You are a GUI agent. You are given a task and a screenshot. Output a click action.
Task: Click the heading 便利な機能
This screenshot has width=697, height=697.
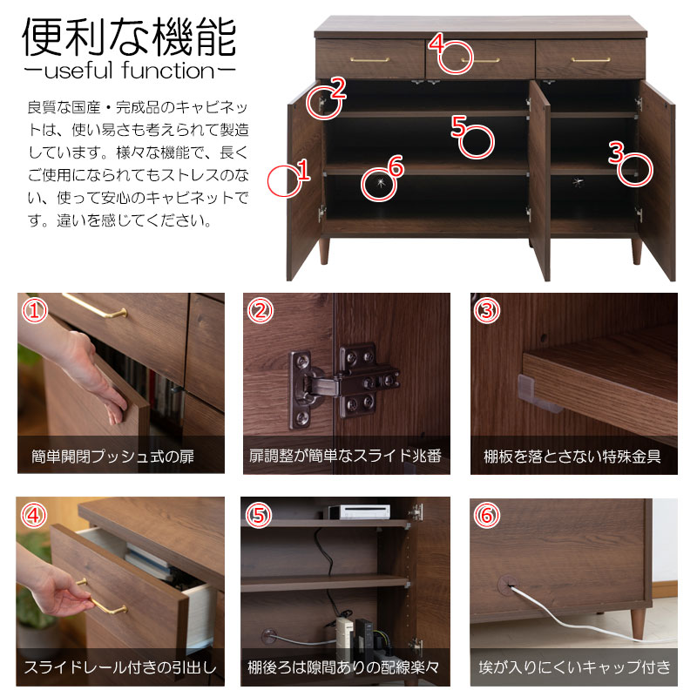[129, 37]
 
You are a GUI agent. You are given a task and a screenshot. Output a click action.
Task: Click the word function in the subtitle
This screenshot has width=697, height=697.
[167, 71]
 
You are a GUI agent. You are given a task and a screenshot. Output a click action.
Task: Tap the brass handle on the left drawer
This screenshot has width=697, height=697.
[369, 59]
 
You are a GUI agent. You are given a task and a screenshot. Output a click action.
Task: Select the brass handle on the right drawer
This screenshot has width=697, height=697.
[591, 59]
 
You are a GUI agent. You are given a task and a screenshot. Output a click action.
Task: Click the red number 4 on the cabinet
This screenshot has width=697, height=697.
[437, 43]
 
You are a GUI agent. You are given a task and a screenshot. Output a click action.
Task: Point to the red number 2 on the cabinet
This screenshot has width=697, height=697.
[338, 88]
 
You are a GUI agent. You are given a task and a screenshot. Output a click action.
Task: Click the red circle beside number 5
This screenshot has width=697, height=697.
[476, 142]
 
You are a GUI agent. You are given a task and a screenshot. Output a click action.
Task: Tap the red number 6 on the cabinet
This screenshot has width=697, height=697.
[396, 166]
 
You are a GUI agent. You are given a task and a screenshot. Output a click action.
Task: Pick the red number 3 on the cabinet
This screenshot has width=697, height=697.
[616, 152]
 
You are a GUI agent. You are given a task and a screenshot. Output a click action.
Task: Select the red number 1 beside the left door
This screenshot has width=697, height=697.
[303, 169]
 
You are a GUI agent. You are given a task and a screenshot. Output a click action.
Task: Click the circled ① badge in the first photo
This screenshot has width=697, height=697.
[35, 311]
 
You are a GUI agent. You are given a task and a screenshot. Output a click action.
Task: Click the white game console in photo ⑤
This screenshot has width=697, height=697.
[359, 511]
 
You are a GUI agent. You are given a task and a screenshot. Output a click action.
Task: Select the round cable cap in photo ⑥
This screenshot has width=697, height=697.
[508, 584]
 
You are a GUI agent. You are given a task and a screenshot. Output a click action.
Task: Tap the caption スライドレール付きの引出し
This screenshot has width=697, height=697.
[120, 667]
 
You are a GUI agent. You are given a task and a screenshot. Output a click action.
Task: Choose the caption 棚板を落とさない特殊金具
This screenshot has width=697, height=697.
[572, 457]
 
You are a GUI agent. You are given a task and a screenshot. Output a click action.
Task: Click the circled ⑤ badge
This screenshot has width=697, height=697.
[259, 515]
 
